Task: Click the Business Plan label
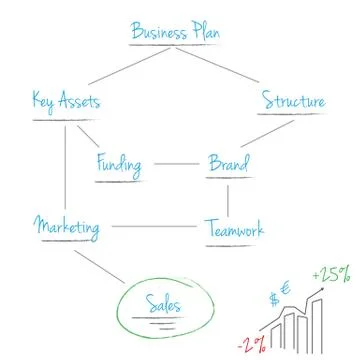pyautogui.click(x=176, y=31)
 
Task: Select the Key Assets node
pyautogui.click(x=65, y=102)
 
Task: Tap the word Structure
pyautogui.click(x=292, y=101)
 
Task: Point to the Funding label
pyautogui.click(x=119, y=163)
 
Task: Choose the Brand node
pyautogui.click(x=227, y=163)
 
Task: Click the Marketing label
pyautogui.click(x=67, y=228)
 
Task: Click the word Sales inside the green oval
pyautogui.click(x=164, y=302)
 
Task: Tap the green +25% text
pyautogui.click(x=330, y=273)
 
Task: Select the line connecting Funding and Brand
pyautogui.click(x=177, y=163)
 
